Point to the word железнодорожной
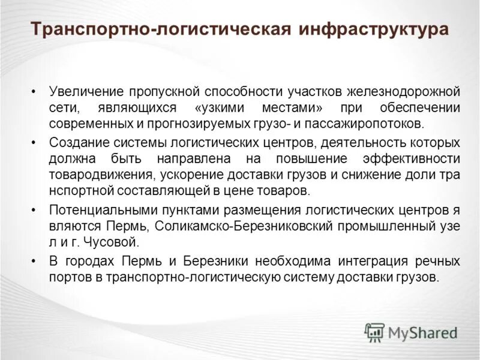click(x=403, y=92)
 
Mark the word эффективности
click(x=410, y=159)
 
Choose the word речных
click(x=440, y=262)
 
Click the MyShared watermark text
click(x=424, y=332)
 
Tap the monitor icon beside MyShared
click(x=374, y=332)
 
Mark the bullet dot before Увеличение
click(x=34, y=92)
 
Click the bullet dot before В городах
click(x=34, y=262)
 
